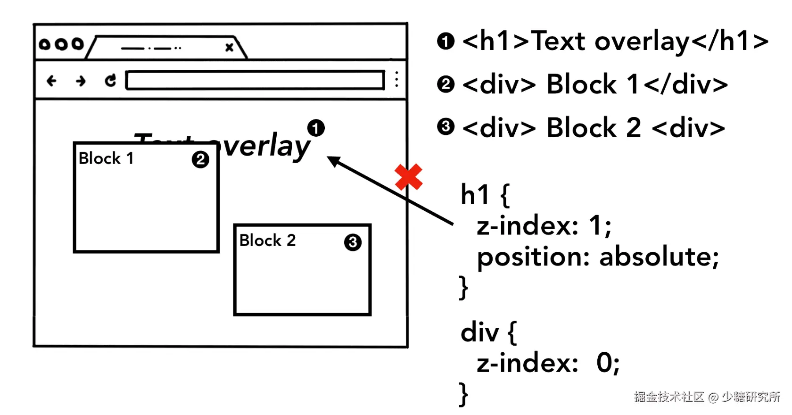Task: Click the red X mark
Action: [x=409, y=177]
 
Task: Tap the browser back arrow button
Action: [x=51, y=81]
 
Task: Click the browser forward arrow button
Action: [x=81, y=81]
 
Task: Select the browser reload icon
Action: [x=110, y=81]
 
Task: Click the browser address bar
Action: [x=255, y=80]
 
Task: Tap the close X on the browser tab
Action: [x=229, y=47]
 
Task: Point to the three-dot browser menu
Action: [x=397, y=79]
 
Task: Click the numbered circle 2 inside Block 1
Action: [x=200, y=159]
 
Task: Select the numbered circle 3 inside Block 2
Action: [x=353, y=242]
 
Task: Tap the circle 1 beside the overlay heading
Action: [x=316, y=128]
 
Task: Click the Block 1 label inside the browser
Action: [x=106, y=158]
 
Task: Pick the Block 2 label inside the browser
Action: [x=267, y=241]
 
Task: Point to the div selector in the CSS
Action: [x=479, y=332]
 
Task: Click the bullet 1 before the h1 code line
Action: [x=445, y=41]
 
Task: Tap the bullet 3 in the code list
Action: [x=445, y=127]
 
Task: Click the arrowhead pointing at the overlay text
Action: [x=333, y=161]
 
